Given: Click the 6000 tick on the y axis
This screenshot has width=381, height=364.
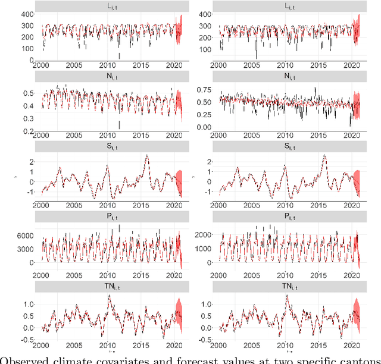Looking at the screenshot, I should [24, 236].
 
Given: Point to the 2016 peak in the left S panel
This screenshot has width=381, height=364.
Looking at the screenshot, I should [147, 156].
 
